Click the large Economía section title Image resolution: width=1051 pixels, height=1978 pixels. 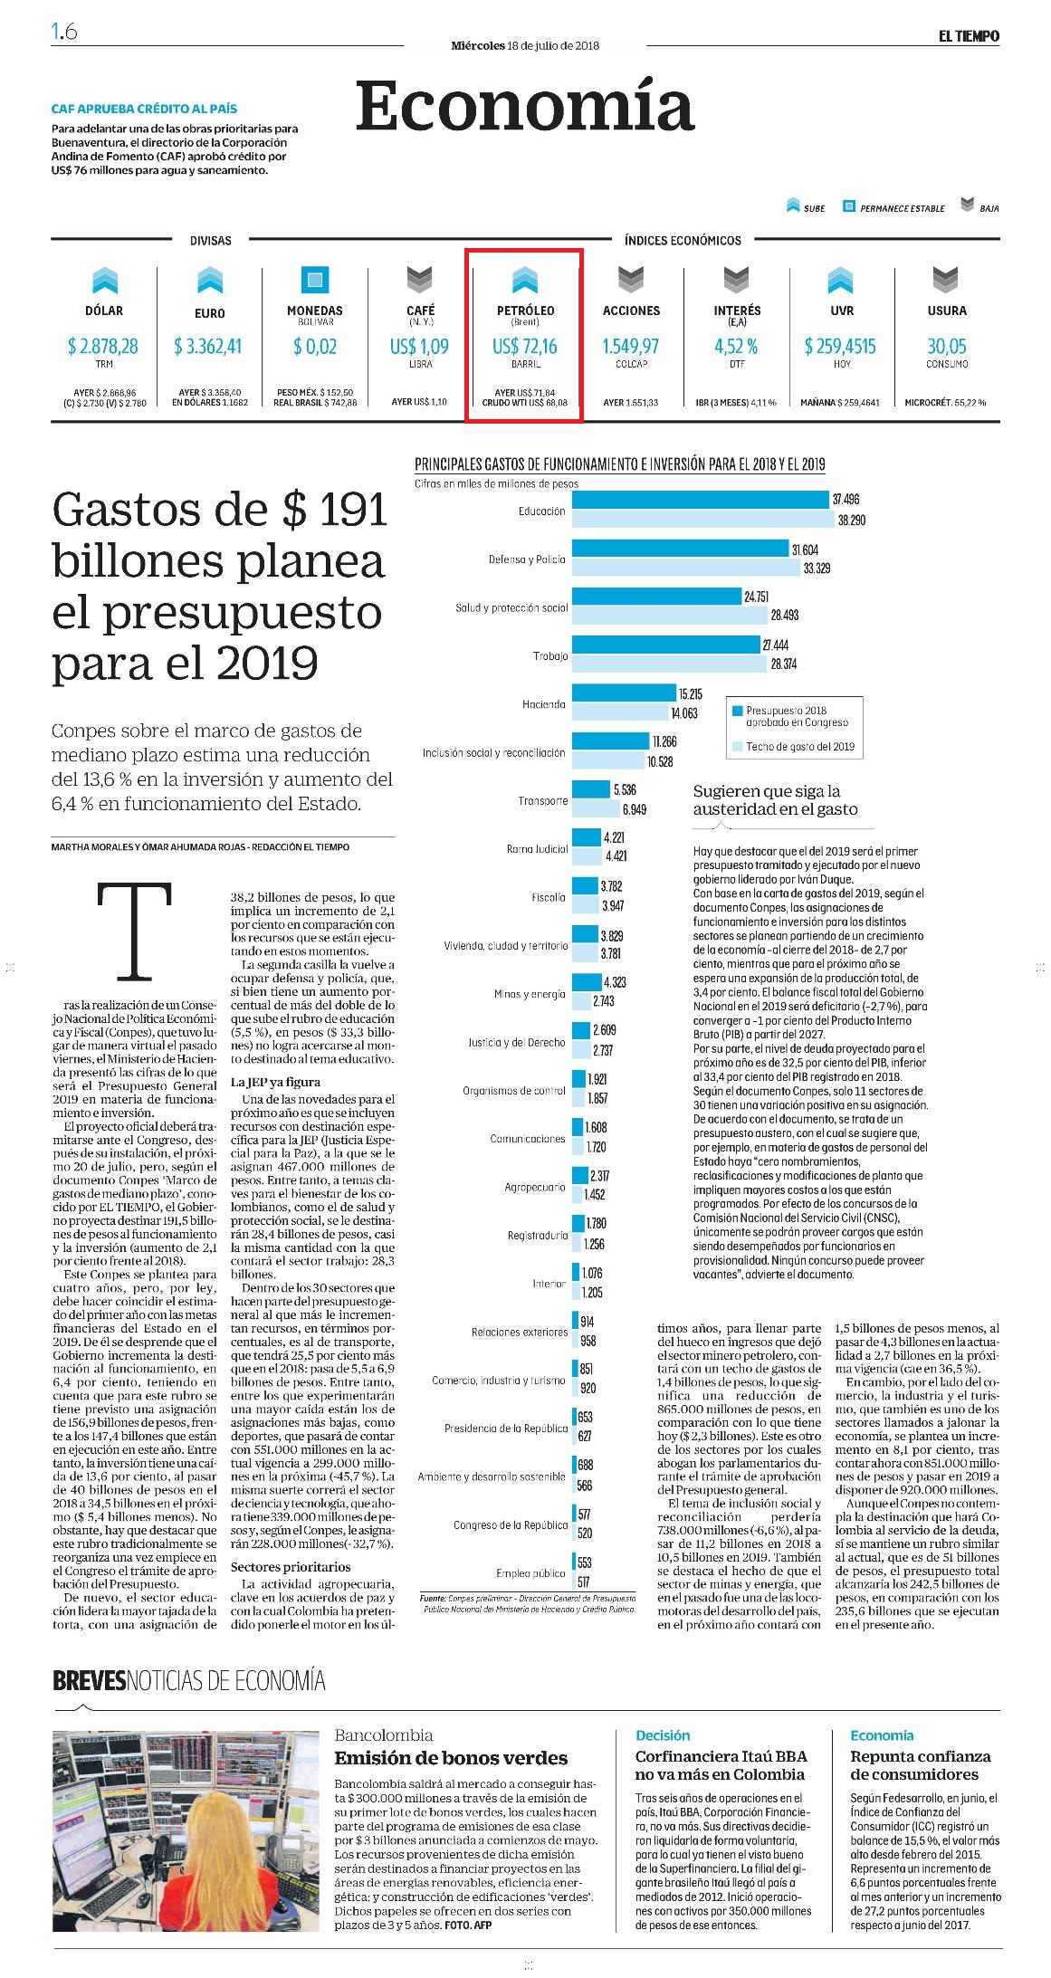click(525, 106)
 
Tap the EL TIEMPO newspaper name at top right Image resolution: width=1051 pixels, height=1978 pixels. click(969, 36)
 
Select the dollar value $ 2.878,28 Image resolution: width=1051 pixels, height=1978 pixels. click(103, 347)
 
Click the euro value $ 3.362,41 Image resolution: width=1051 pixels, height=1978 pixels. click(209, 347)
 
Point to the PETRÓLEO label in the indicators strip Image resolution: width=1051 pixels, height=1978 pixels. click(525, 311)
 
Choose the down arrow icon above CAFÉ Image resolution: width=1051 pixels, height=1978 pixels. click(420, 280)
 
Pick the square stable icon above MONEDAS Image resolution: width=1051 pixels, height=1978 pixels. click(314, 280)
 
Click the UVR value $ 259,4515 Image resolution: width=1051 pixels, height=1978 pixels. click(840, 347)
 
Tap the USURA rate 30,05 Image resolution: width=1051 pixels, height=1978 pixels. click(947, 347)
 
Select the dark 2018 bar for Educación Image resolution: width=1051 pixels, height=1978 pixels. click(701, 500)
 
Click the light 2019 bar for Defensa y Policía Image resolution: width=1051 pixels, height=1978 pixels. click(685, 569)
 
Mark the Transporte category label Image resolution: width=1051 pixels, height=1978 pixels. click(543, 801)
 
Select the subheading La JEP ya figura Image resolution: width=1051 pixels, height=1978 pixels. click(275, 1082)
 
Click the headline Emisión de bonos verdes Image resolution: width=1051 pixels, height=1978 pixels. click(451, 1758)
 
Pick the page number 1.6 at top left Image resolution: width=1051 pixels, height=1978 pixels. click(64, 32)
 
